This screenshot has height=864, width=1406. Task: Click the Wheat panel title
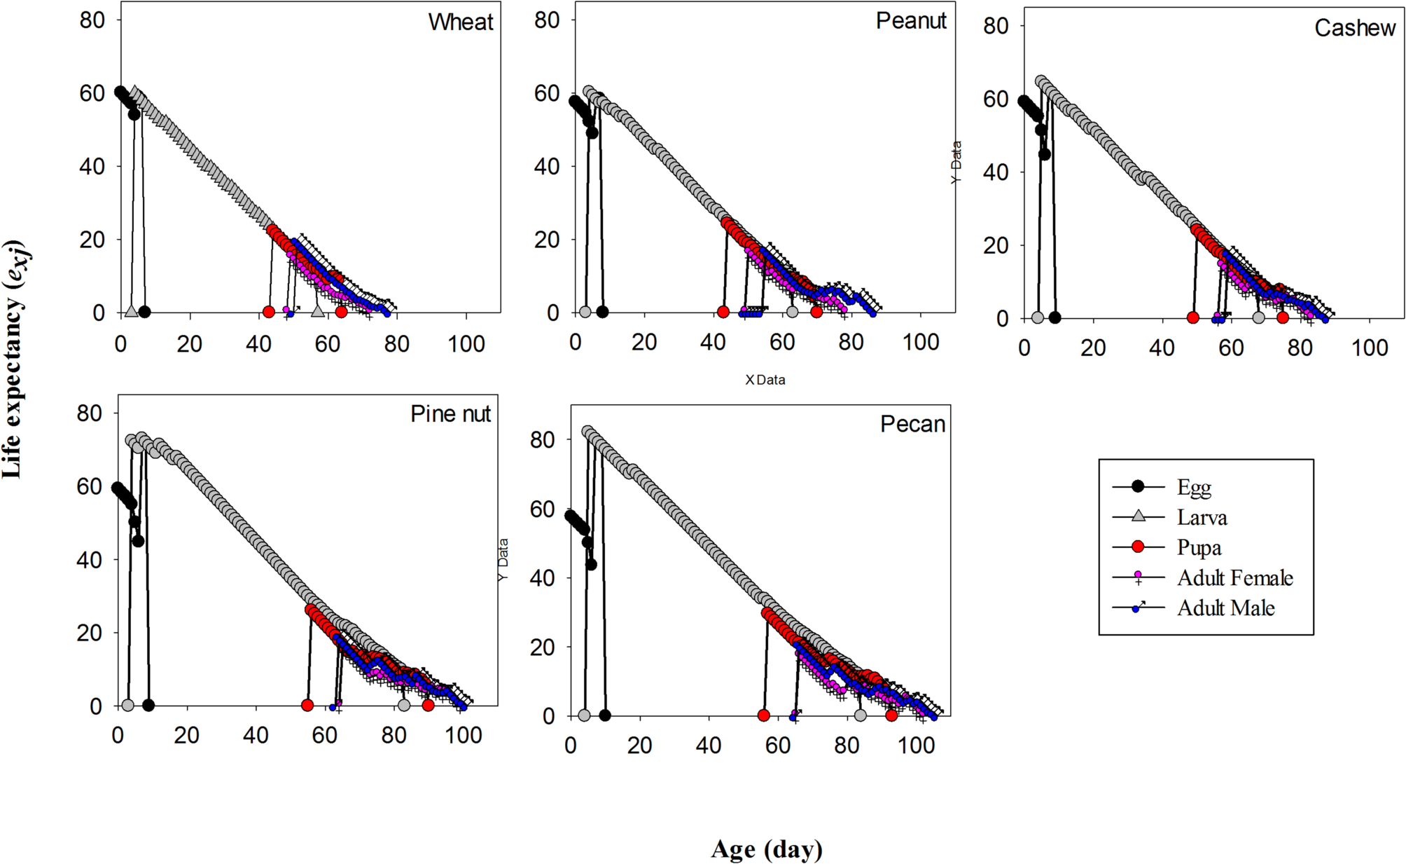461,22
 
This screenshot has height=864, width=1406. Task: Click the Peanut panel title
910,21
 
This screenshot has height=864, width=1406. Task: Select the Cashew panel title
1354,28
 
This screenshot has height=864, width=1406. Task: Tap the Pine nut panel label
450,414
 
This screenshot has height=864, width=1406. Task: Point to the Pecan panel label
912,425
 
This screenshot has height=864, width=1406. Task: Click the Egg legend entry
1194,487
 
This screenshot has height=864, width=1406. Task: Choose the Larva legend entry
1202,518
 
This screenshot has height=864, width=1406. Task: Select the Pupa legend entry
1199,548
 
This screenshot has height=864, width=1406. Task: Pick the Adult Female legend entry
1234,578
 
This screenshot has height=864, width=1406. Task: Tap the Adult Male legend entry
1225,608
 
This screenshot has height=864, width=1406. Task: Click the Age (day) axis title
767,849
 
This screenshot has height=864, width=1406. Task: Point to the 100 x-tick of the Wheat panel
466,344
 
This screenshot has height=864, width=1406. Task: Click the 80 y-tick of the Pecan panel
542,440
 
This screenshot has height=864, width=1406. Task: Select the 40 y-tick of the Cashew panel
995,172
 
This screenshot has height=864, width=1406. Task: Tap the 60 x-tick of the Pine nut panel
325,736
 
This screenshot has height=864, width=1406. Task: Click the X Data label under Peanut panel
765,380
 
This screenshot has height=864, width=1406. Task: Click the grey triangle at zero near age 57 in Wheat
318,311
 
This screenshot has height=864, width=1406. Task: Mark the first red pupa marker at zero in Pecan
763,715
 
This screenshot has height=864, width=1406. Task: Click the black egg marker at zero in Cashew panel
1054,317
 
